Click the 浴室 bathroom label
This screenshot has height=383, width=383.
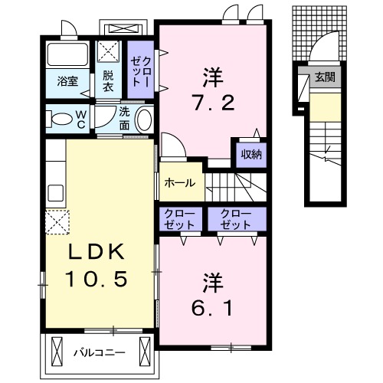(x=67, y=81)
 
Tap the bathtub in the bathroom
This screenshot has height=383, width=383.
(x=67, y=54)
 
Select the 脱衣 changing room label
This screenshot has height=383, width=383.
(x=108, y=81)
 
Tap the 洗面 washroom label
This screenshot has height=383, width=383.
(x=124, y=119)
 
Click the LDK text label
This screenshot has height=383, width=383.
(x=97, y=251)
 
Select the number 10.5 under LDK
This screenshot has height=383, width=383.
(x=97, y=279)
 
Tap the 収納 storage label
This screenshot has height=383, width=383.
(x=251, y=154)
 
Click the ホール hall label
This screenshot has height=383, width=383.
(x=180, y=183)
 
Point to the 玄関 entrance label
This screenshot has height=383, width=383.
(x=325, y=77)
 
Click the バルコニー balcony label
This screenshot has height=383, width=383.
(x=100, y=353)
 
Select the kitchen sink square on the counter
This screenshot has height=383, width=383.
(x=56, y=193)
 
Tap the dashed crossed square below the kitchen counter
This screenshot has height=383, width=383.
(x=57, y=222)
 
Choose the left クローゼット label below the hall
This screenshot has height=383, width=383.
(x=179, y=219)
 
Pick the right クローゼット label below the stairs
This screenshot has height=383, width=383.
(x=236, y=219)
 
